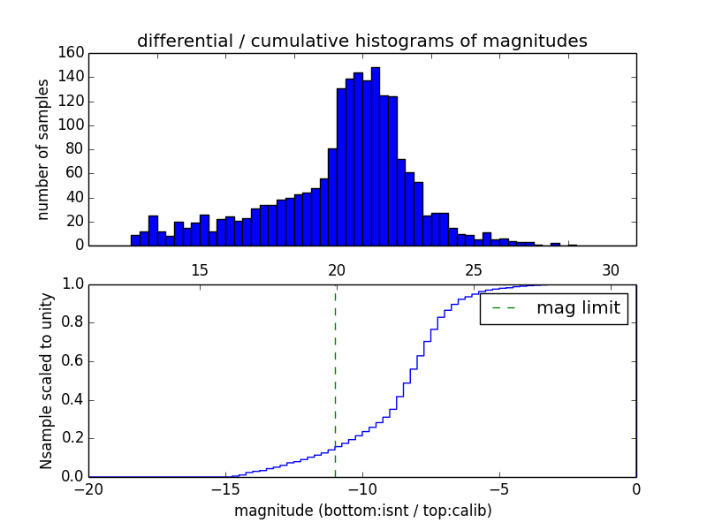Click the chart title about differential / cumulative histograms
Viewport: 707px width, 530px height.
[361, 41]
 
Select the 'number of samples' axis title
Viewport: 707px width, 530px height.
[43, 149]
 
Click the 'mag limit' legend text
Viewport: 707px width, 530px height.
[578, 308]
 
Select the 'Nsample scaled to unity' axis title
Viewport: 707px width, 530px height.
[46, 381]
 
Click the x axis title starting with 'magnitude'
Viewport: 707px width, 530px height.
[362, 511]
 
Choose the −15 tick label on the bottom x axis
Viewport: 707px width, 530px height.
[226, 488]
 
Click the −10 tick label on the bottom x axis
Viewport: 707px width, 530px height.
[362, 488]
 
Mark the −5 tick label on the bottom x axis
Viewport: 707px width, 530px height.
[499, 488]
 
